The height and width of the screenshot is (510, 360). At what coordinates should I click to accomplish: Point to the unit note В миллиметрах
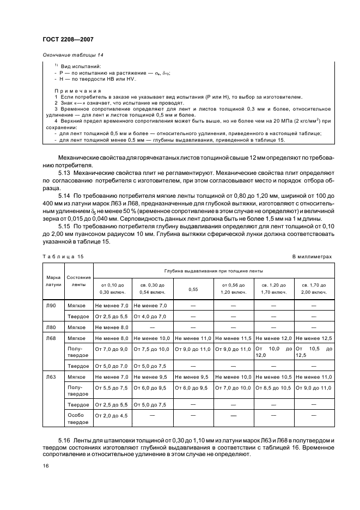click(312, 256)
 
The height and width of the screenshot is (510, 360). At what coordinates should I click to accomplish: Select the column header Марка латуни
click(53, 281)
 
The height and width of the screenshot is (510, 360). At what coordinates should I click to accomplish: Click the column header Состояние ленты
click(79, 281)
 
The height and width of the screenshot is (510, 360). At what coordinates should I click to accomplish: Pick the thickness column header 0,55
click(193, 289)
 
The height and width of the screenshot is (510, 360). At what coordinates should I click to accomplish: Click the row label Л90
click(51, 306)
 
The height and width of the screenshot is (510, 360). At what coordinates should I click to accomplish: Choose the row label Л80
click(51, 327)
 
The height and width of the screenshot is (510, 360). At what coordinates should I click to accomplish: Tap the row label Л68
click(51, 338)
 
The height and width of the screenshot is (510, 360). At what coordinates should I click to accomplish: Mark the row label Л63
click(51, 377)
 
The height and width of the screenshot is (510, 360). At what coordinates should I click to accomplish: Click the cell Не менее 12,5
click(313, 338)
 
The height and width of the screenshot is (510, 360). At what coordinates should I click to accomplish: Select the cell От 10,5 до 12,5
click(313, 351)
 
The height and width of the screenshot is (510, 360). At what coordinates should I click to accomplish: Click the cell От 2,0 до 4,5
click(112, 416)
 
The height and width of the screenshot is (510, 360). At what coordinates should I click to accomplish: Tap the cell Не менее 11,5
click(234, 338)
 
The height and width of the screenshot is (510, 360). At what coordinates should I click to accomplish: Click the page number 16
click(45, 466)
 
